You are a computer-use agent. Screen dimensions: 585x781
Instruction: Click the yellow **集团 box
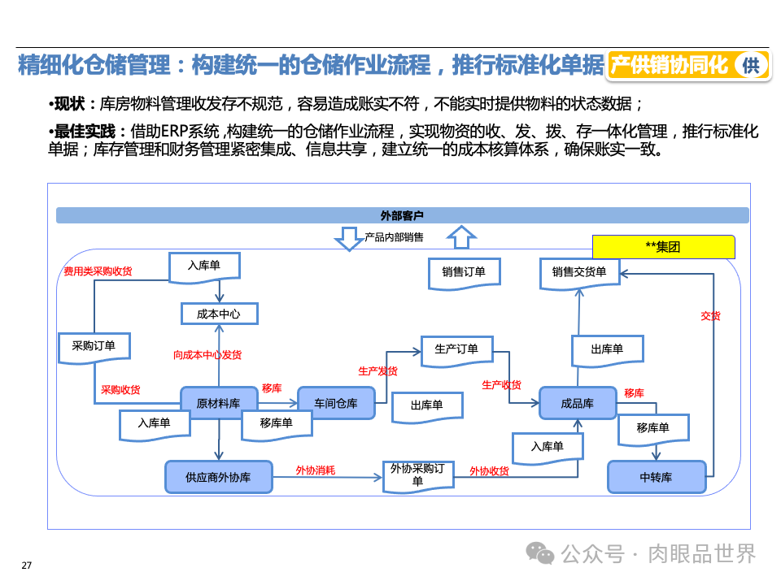[663, 247]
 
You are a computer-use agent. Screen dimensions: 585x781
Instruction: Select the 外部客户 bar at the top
[402, 215]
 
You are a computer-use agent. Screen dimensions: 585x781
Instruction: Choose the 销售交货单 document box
[578, 272]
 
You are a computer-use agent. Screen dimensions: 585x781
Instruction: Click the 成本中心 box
[219, 313]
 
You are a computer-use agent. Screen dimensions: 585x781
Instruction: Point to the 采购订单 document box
[94, 346]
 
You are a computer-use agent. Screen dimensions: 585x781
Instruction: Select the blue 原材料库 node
[218, 403]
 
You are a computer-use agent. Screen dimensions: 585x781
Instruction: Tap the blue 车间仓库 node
[336, 403]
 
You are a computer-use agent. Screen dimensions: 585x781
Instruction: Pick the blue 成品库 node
[578, 403]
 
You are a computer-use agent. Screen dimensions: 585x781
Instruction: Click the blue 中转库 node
[656, 477]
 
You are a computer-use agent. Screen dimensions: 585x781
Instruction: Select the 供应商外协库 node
[218, 477]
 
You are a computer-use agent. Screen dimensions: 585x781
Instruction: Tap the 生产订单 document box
[456, 349]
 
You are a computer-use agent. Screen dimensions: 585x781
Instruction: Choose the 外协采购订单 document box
[417, 474]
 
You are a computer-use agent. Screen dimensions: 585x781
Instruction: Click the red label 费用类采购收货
[98, 271]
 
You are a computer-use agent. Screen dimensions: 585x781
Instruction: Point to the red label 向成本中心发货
[207, 355]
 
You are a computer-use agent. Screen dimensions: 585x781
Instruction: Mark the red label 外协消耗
[315, 470]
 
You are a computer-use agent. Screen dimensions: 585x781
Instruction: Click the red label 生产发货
[377, 370]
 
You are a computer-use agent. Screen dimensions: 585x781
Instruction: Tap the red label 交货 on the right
[710, 316]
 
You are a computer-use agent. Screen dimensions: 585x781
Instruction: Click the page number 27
[26, 565]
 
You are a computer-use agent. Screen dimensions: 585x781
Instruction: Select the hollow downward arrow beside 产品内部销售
[351, 238]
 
